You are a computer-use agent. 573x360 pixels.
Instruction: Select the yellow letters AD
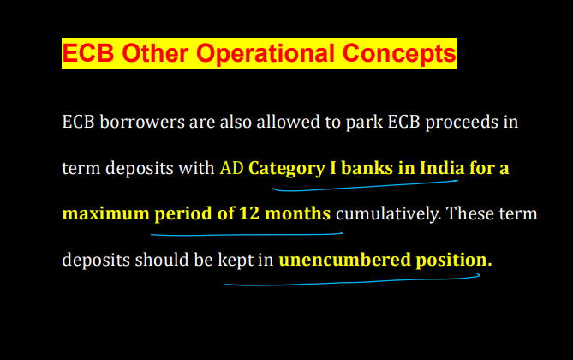[x=231, y=168]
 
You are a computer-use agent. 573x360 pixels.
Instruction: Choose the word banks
[x=364, y=168]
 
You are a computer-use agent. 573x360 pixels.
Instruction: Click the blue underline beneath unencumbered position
[x=351, y=282]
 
